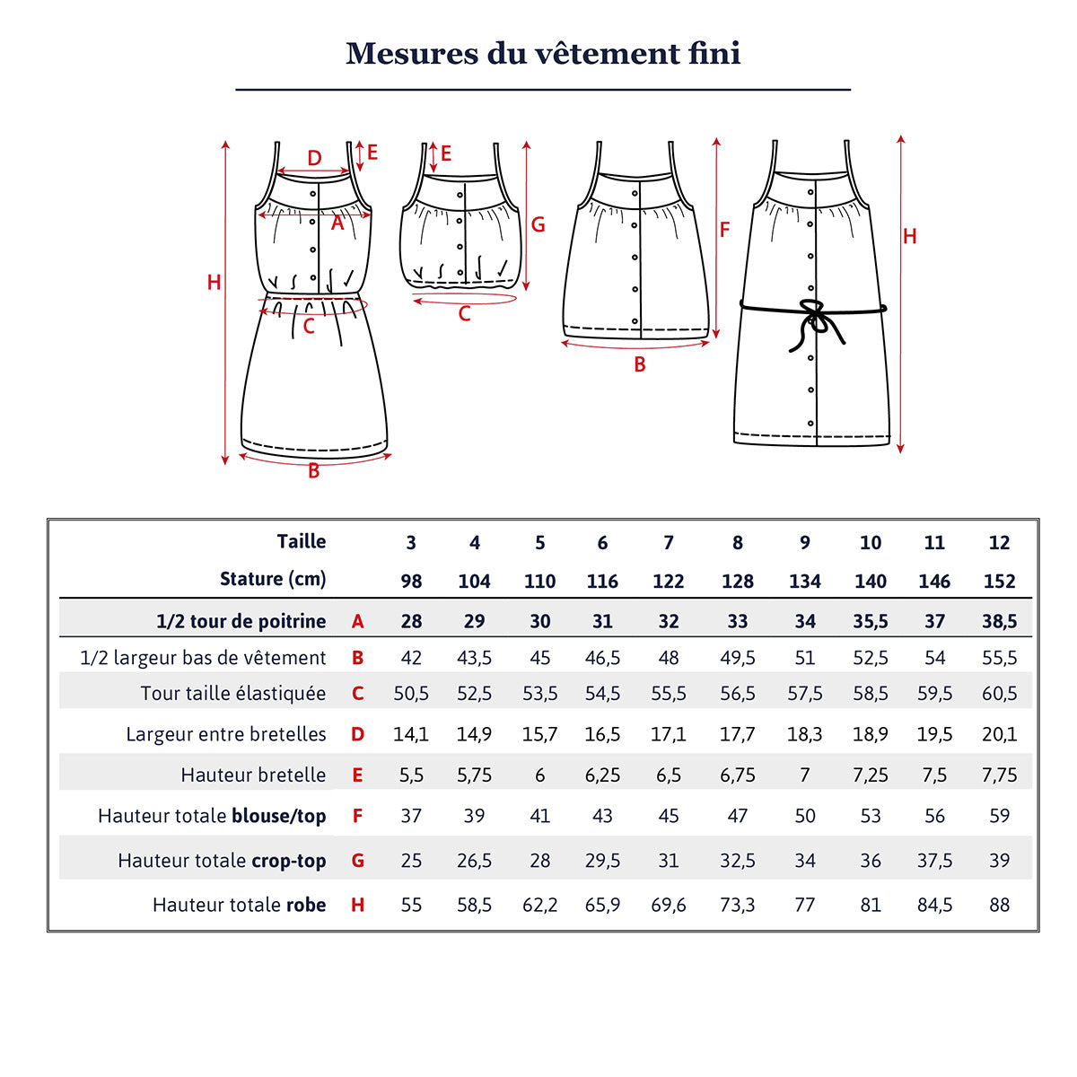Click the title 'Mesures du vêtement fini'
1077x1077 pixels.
coord(543,53)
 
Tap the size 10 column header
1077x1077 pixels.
coord(870,543)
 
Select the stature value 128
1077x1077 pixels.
coord(737,582)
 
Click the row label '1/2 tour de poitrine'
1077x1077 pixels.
coord(241,621)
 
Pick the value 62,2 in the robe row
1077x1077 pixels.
coord(539,906)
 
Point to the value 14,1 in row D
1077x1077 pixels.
coord(411,734)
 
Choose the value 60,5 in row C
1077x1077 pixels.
coord(999,694)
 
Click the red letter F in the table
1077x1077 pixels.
coord(357,817)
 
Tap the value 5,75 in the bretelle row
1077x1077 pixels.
coord(474,775)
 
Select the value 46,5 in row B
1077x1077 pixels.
coord(602,658)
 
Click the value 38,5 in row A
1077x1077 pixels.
coord(999,621)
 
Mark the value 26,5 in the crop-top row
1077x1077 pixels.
coord(474,861)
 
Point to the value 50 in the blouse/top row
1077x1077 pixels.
coord(804,817)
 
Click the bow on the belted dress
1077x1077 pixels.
coord(813,316)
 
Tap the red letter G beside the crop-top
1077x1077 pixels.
coord(538,224)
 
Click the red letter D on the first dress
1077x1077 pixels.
coord(314,158)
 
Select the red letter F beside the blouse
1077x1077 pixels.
coord(724,230)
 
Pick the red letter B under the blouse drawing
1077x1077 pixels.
coord(639,364)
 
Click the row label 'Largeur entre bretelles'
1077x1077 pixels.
coord(225,734)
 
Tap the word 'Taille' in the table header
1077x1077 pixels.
coord(301,542)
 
